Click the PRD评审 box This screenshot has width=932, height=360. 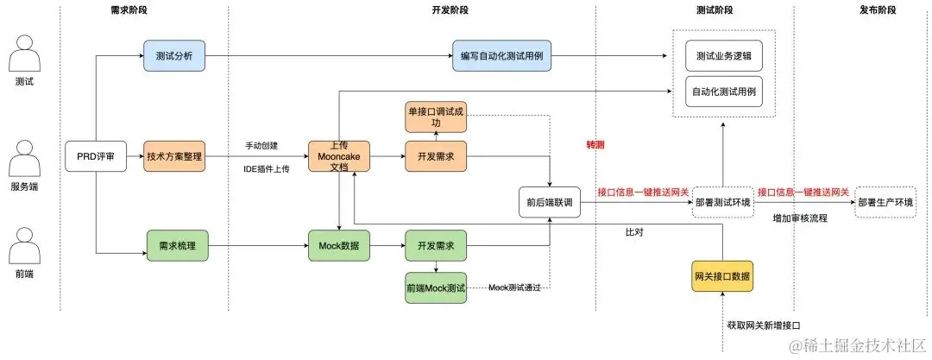pos(95,156)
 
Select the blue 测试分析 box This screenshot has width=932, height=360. pos(173,56)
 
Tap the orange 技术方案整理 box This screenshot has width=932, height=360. pos(173,156)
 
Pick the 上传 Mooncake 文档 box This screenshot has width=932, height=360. pos(337,156)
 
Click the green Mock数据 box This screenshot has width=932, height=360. pos(337,246)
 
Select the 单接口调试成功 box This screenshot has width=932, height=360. pos(435,117)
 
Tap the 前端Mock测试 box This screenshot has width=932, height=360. pos(435,287)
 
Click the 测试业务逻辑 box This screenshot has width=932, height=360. pos(723,56)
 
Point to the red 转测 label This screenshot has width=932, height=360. pos(595,145)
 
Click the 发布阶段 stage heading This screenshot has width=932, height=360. pos(878,10)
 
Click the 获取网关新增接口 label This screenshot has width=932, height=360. pos(765,325)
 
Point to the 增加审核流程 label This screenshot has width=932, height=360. pos(799,218)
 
